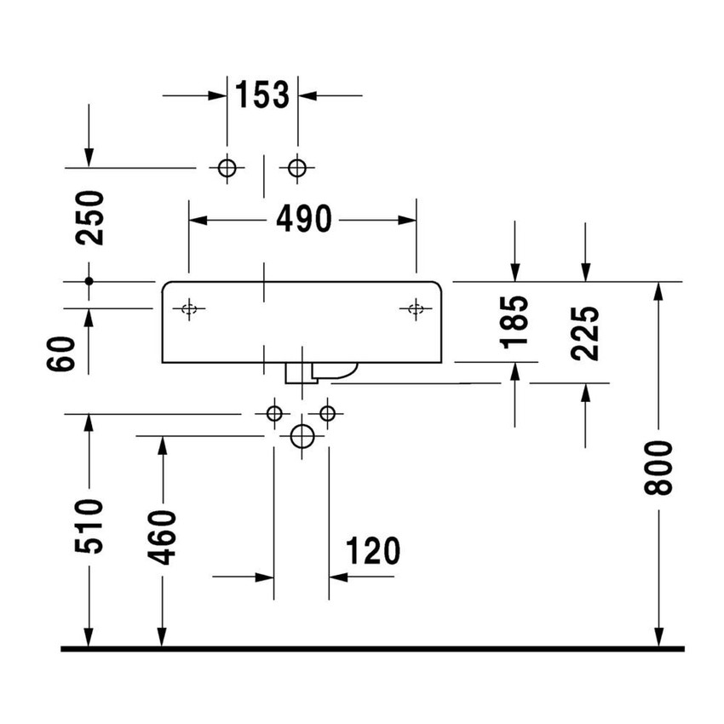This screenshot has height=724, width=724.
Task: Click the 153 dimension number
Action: pyautogui.click(x=262, y=95)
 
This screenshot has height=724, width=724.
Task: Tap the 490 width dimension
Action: pyautogui.click(x=303, y=220)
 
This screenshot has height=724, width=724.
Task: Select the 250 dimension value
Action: pyautogui.click(x=89, y=217)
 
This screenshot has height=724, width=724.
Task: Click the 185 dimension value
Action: pyautogui.click(x=515, y=321)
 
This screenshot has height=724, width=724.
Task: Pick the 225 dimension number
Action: pyautogui.click(x=586, y=332)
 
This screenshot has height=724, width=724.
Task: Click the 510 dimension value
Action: pyautogui.click(x=89, y=526)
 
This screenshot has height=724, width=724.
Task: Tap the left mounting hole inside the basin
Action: pyautogui.click(x=190, y=308)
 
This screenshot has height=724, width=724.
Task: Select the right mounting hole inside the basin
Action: pyautogui.click(x=416, y=308)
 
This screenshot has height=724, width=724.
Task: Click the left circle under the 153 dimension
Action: pyautogui.click(x=227, y=168)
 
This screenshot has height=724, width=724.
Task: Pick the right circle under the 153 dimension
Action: pyautogui.click(x=296, y=168)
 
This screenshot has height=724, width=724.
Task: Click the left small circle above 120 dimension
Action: pyautogui.click(x=273, y=414)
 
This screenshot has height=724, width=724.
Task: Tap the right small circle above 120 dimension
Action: pyautogui.click(x=328, y=414)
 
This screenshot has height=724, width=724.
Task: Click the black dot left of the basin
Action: pyautogui.click(x=89, y=280)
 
